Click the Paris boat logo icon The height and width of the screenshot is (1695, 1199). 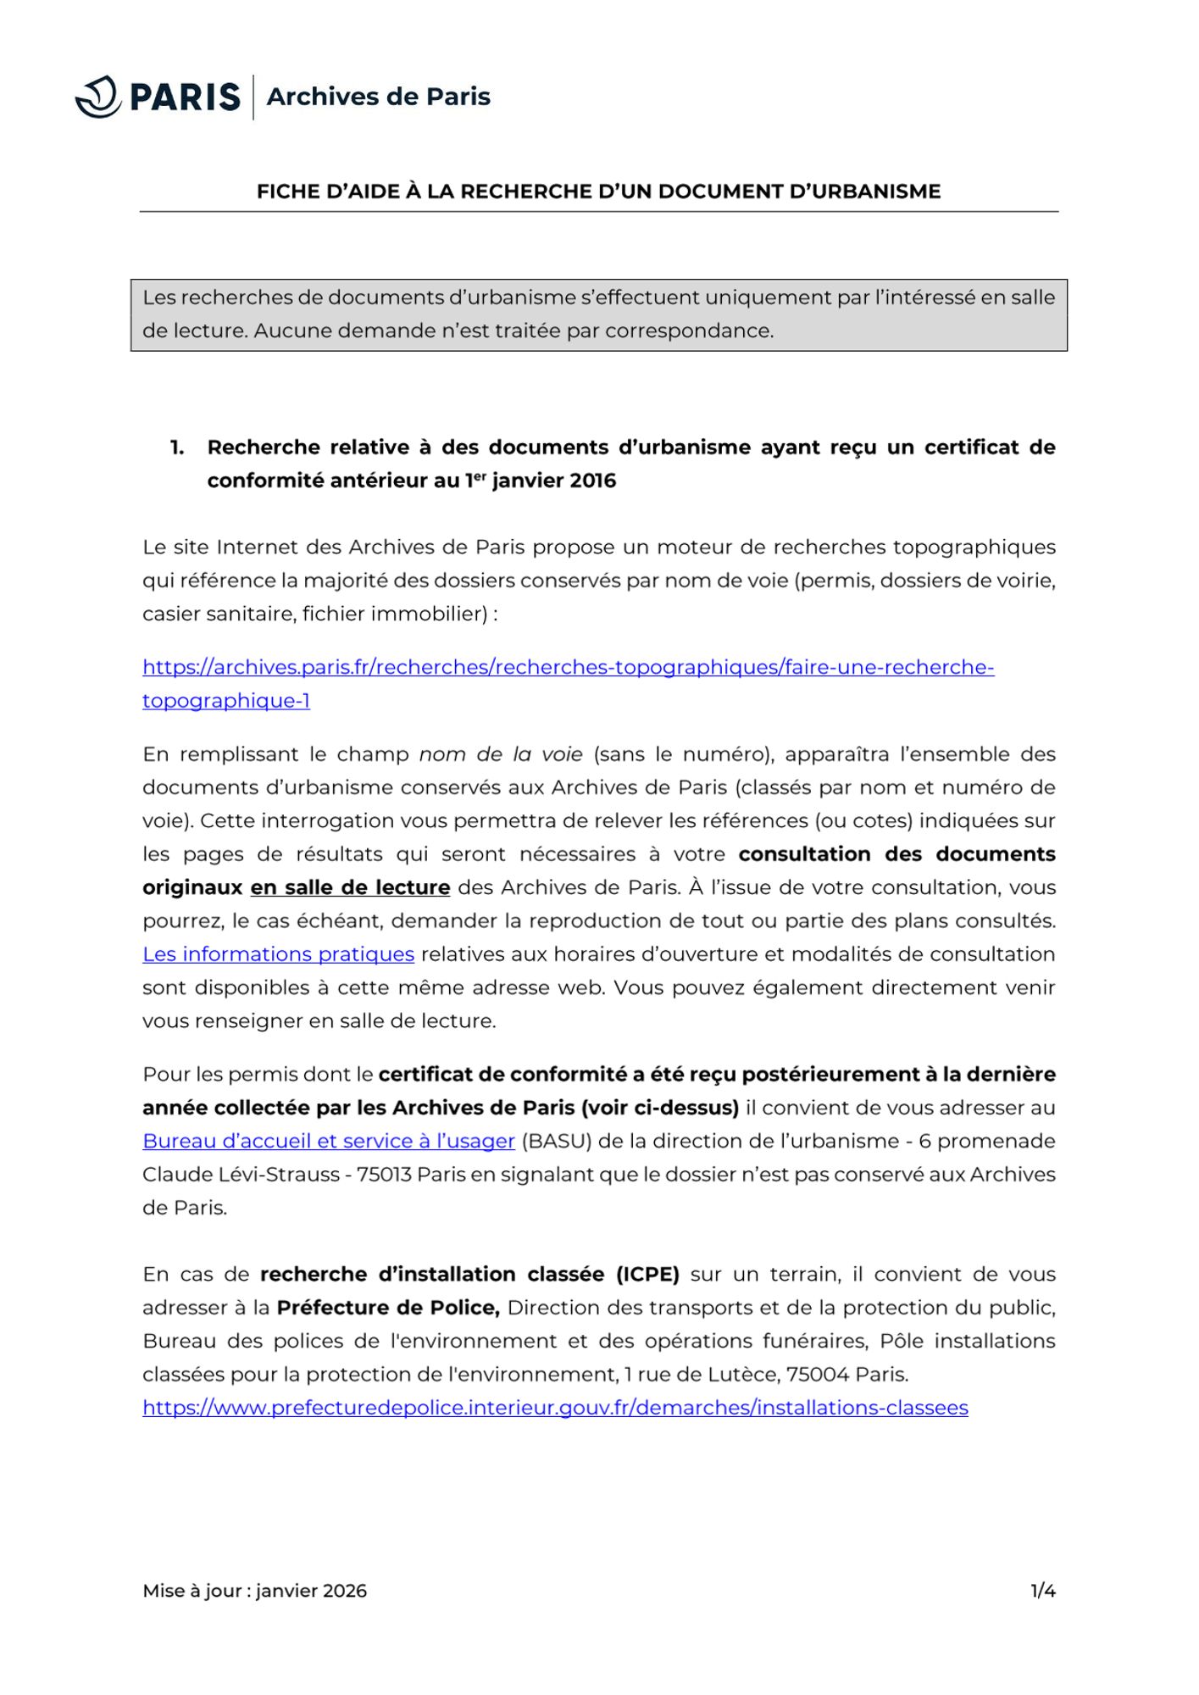(x=98, y=97)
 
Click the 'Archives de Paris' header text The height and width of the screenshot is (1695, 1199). (x=378, y=97)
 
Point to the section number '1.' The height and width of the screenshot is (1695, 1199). (x=177, y=447)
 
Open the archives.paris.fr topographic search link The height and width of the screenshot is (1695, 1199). (x=568, y=668)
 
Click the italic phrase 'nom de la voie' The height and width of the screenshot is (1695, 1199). (x=501, y=754)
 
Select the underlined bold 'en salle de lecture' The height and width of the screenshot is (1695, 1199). (x=350, y=888)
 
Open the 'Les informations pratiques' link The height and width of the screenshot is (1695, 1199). (x=278, y=954)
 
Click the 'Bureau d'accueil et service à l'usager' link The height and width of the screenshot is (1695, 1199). (x=329, y=1142)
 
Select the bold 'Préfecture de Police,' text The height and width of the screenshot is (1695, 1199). (x=388, y=1308)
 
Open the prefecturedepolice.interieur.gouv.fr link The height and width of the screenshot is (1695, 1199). (x=555, y=1408)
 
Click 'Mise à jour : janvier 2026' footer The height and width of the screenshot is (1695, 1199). (x=254, y=1591)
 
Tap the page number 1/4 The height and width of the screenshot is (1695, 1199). (x=1042, y=1591)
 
